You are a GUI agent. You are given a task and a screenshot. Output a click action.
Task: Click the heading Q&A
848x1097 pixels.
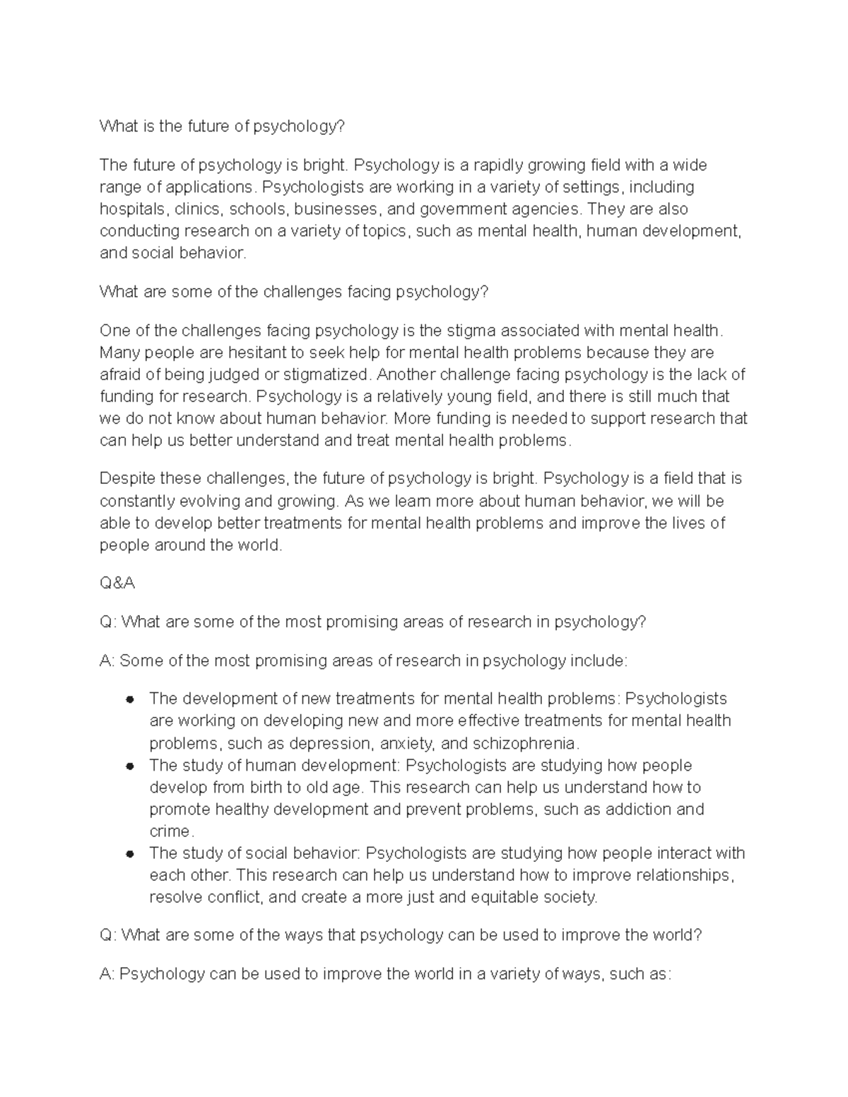(x=117, y=583)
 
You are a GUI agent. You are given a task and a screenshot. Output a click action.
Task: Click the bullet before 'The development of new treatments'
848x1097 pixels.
(x=129, y=699)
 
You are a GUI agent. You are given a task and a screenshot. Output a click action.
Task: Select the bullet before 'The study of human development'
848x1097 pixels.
(x=129, y=766)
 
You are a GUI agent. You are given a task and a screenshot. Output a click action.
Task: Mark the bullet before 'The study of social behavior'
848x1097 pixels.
(x=129, y=853)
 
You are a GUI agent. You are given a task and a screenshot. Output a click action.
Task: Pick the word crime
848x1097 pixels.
(x=170, y=831)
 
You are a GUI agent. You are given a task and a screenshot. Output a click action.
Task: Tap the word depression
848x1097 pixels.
(x=330, y=743)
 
